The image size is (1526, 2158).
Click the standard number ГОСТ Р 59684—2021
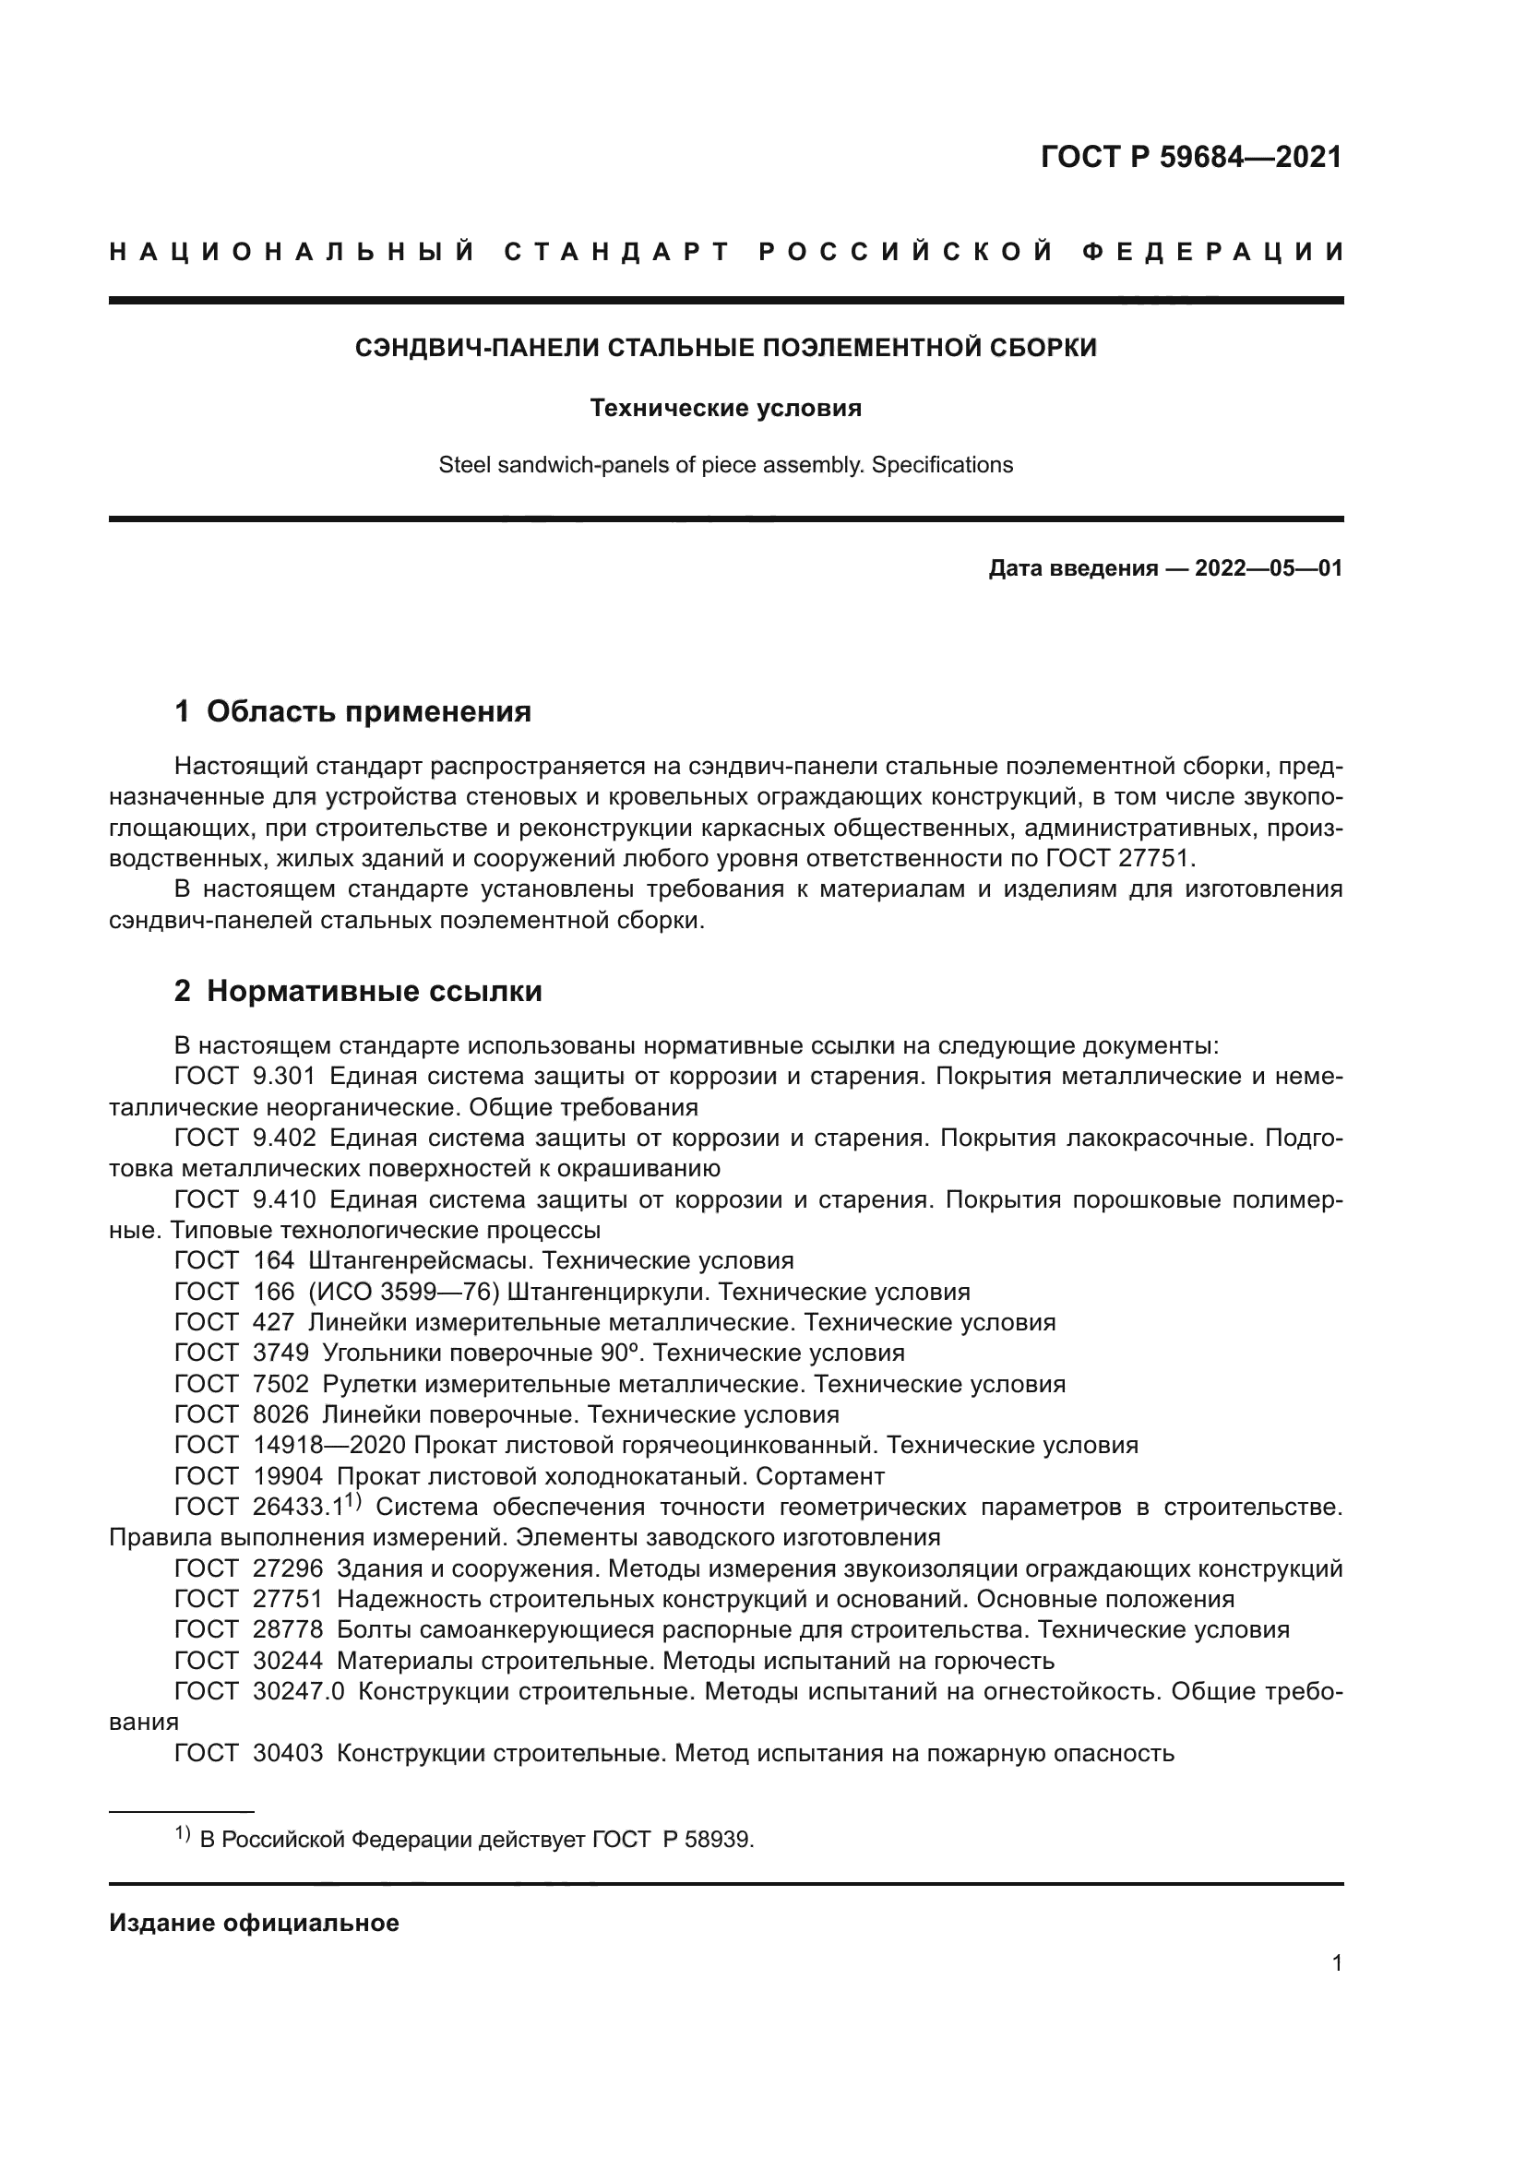click(1190, 157)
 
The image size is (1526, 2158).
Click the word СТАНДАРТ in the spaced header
click(617, 252)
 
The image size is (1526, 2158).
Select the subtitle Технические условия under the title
click(725, 408)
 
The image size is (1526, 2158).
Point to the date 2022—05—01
click(1268, 568)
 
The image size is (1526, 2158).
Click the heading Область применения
click(368, 712)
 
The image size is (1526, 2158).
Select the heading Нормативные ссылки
click(374, 992)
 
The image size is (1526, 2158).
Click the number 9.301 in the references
click(284, 1077)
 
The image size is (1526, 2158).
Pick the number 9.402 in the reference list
click(284, 1139)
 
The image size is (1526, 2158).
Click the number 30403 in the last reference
click(288, 1753)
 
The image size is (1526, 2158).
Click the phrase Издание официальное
click(254, 1923)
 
